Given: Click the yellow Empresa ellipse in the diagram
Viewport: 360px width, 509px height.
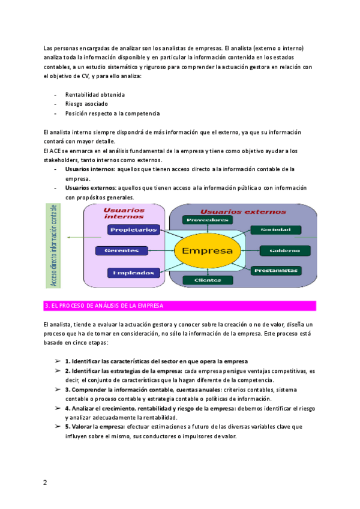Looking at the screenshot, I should (x=207, y=250).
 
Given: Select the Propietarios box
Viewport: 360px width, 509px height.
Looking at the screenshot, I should (x=134, y=229).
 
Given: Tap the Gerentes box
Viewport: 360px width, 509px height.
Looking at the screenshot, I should (x=122, y=250).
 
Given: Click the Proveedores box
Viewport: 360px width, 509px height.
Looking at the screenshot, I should (x=208, y=220).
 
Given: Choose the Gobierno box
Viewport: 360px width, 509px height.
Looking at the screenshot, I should (x=285, y=250).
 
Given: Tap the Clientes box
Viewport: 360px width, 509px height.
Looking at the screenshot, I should (x=206, y=280).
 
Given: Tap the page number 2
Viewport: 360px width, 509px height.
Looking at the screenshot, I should (x=45, y=482).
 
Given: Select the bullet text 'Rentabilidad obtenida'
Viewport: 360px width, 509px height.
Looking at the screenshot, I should (x=95, y=95).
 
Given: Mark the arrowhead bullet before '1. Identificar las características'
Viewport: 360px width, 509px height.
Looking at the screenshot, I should (x=58, y=361).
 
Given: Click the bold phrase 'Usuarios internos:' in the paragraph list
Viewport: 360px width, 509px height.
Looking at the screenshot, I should (x=91, y=170).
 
